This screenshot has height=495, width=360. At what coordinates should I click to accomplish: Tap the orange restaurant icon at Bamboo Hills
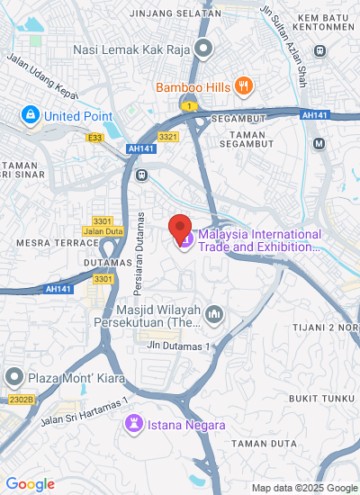242,86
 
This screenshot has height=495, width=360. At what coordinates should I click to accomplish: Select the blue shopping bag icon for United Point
31,115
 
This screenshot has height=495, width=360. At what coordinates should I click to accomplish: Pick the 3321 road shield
167,136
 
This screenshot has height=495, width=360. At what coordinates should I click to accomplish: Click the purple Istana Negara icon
134,422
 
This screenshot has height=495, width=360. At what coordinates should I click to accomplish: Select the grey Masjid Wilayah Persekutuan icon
214,314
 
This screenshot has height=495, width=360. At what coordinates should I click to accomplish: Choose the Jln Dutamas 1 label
180,346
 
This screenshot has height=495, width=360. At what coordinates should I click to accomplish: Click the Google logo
30,484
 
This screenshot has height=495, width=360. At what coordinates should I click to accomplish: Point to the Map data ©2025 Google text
303,488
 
